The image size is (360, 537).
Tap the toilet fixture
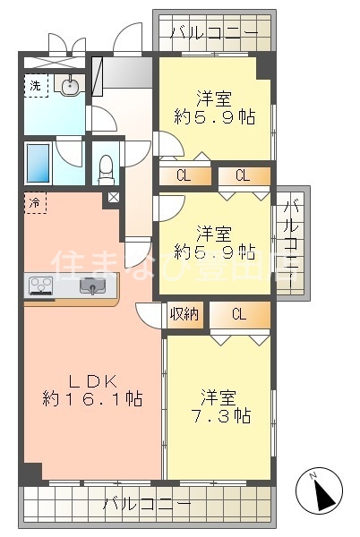coord(107,166)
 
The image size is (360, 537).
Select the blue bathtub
coord(39,163)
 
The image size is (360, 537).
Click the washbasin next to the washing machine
coord(68,85)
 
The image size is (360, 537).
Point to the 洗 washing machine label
coord(34,86)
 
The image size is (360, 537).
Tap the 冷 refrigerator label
coord(34,202)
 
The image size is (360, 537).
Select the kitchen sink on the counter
coord(91,286)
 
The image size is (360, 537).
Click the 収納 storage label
coord(184,314)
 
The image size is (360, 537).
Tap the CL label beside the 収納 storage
coord(239,314)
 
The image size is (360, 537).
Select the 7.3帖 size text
coord(220,416)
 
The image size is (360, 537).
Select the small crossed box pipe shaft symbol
coord(114,199)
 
